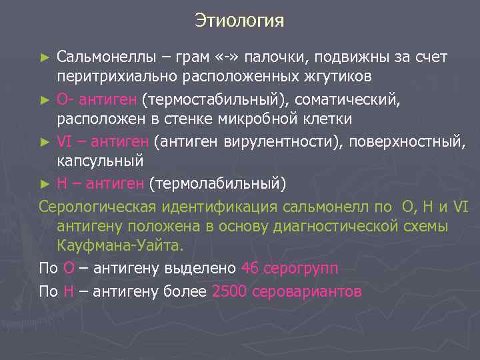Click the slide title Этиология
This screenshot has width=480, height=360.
pos(239,21)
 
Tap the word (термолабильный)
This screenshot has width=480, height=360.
pos(217,183)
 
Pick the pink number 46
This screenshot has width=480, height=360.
pos(249,269)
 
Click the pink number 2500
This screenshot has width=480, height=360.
pos(229,292)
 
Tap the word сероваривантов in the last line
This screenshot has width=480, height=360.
pos(306,292)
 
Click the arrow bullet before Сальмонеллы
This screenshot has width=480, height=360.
pos(45,57)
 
